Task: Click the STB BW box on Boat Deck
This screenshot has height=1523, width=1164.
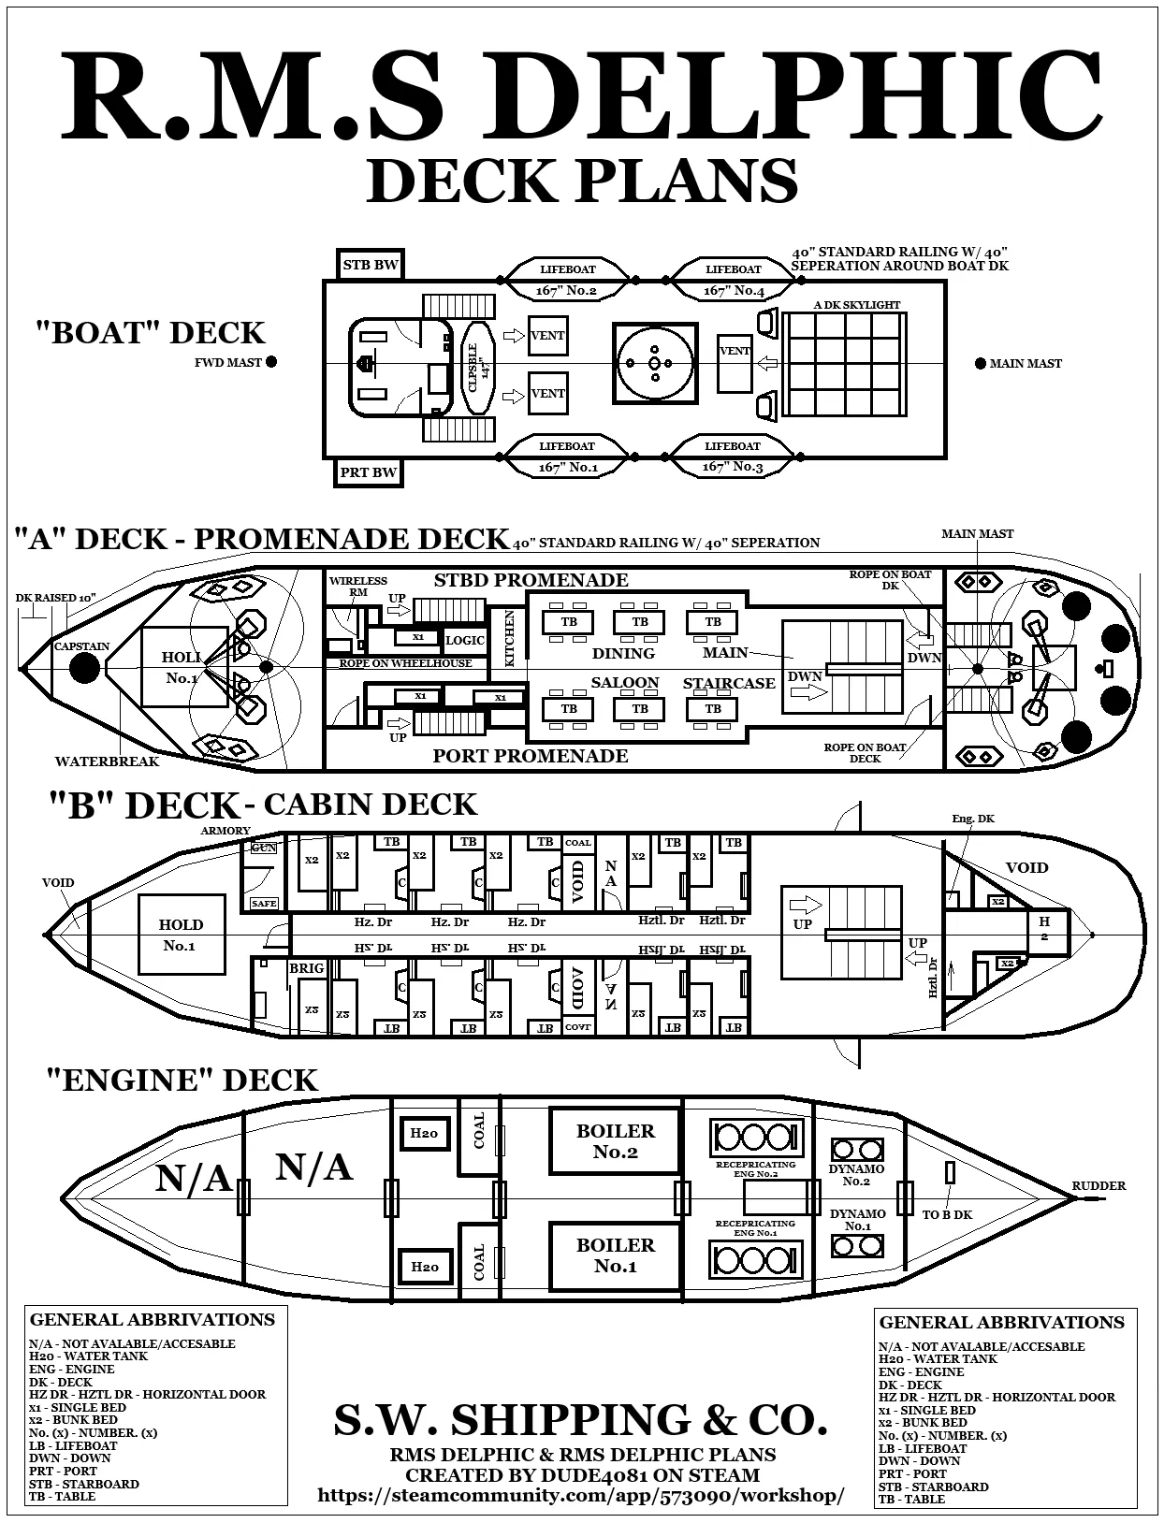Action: [371, 265]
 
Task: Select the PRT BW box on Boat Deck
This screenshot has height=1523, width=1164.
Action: [369, 472]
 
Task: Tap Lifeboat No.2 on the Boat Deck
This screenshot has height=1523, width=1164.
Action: [567, 280]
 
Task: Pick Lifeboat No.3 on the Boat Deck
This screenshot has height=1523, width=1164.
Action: [733, 457]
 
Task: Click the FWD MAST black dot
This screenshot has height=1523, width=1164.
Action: [271, 362]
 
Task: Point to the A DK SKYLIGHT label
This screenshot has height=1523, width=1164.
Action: [856, 305]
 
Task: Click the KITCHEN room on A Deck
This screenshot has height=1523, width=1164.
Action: [510, 638]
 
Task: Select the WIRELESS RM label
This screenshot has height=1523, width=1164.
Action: [357, 586]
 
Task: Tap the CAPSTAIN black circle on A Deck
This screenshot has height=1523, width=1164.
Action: [84, 667]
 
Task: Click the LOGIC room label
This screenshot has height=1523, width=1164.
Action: [465, 640]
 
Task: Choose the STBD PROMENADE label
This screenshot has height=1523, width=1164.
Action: [531, 580]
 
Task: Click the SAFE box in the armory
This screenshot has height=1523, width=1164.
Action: [264, 904]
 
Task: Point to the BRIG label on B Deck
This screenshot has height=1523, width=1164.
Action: [306, 968]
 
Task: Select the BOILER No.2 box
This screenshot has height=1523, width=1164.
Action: [615, 1140]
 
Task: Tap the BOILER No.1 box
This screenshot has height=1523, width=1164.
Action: [615, 1255]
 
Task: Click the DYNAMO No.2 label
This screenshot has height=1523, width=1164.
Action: [856, 1175]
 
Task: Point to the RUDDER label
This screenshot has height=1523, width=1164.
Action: [1099, 1185]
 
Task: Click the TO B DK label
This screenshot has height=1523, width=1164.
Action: [947, 1214]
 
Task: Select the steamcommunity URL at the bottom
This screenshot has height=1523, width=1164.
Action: [580, 1495]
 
